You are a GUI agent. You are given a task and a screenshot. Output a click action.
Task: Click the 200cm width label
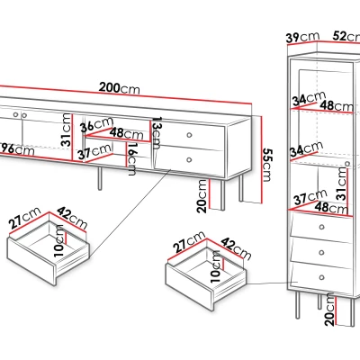120,88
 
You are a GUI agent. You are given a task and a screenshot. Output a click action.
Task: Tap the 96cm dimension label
17,149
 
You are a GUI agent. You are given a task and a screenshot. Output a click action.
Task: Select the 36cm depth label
96,124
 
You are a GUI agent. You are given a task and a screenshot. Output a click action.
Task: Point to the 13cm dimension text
157,133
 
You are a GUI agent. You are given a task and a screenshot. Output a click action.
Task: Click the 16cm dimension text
131,159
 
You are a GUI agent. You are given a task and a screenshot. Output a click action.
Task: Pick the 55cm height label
266,165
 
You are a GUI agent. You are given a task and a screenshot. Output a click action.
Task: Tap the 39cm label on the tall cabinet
302,37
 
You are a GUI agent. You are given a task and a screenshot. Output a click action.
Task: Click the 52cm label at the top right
346,36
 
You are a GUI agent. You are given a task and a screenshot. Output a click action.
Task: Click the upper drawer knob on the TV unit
189,135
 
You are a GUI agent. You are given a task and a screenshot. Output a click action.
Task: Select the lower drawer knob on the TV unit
189,160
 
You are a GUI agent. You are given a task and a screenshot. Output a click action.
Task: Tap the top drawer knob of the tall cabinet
322,227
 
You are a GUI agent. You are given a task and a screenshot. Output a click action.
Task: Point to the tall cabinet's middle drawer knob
322,253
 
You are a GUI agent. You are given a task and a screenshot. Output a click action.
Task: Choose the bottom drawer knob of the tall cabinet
322,277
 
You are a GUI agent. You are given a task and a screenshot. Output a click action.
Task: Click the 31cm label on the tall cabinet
342,184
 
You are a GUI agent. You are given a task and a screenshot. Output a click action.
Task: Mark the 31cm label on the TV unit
67,130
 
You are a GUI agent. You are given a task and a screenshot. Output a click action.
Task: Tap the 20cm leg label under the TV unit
202,197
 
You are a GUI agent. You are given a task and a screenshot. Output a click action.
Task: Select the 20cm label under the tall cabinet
329,310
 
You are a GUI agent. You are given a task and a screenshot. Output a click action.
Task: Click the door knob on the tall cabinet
347,164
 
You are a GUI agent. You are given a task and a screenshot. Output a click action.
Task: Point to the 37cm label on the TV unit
94,151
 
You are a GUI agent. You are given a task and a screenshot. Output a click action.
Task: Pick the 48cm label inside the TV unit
126,134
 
